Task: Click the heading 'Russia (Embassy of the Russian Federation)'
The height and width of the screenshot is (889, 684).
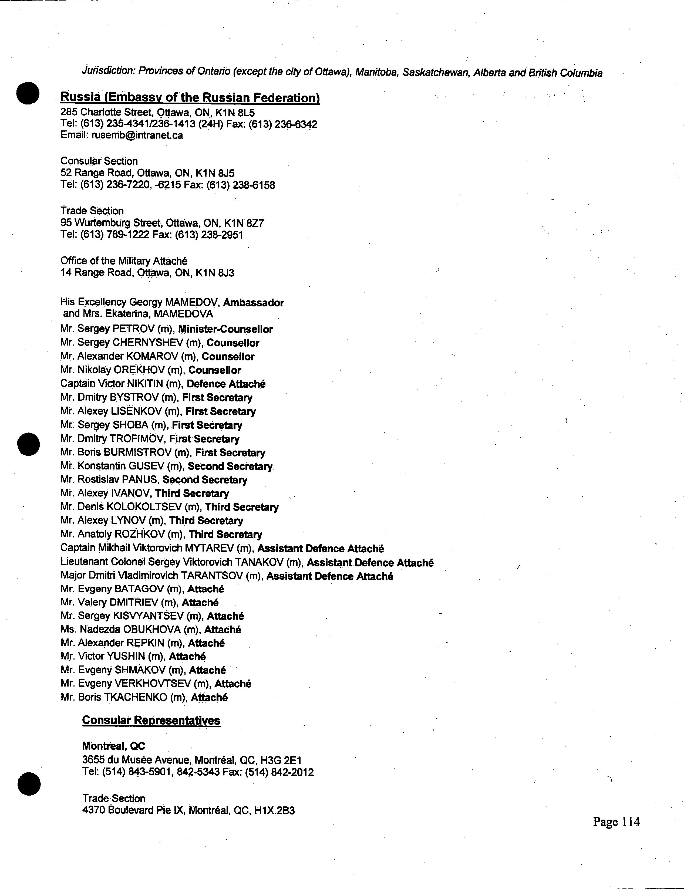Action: pos(190,98)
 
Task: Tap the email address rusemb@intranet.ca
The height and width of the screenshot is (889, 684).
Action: pos(137,135)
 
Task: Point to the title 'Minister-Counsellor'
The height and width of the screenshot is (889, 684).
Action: pos(225,329)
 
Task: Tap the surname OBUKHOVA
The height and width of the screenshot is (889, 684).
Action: pos(151,630)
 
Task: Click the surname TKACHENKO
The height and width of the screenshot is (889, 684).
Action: pos(136,697)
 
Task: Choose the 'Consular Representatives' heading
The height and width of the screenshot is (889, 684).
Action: pos(151,721)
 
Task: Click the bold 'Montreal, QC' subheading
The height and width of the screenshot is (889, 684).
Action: pos(114,746)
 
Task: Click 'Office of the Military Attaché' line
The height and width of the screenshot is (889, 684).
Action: pos(124,261)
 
